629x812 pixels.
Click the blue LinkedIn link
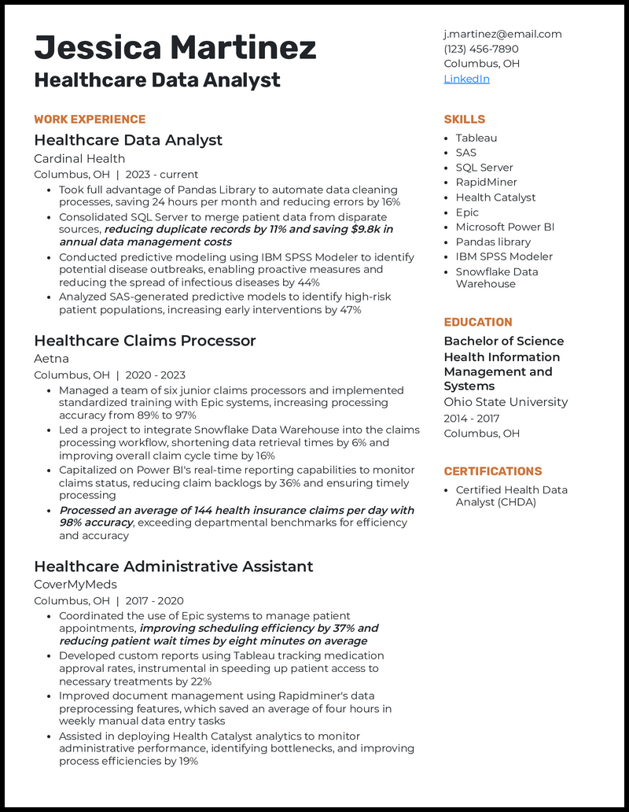tap(466, 79)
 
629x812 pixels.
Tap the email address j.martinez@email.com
tap(502, 34)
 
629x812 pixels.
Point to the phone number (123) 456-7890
tap(481, 49)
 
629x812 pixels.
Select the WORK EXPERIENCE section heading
tap(90, 120)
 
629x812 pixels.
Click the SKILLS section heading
tap(464, 120)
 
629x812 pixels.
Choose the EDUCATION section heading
tap(477, 322)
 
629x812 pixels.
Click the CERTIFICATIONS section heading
tap(492, 471)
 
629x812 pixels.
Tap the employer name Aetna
tap(51, 359)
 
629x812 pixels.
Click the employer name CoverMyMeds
tap(75, 585)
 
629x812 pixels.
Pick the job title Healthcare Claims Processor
tap(145, 341)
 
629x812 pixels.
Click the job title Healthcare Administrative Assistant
tap(173, 567)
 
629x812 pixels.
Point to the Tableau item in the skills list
tap(476, 138)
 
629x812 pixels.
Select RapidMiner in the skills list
tap(486, 183)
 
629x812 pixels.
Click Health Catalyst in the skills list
tap(495, 197)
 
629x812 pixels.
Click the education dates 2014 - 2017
tap(471, 419)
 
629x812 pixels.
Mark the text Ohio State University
tap(505, 402)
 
